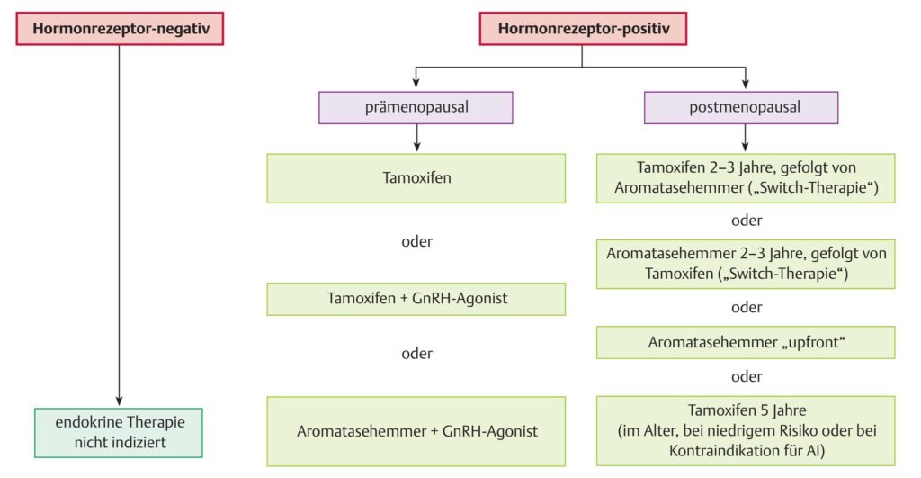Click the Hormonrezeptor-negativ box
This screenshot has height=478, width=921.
click(x=120, y=28)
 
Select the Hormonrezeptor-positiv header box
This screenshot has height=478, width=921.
click(x=583, y=28)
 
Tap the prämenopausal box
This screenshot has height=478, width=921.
click(x=416, y=108)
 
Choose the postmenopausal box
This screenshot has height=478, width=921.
click(x=741, y=108)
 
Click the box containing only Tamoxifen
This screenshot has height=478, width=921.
click(x=416, y=178)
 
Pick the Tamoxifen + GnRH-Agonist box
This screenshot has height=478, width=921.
click(x=416, y=299)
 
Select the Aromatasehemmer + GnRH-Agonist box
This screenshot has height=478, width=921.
click(x=416, y=431)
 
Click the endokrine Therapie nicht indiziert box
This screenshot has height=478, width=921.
click(x=119, y=433)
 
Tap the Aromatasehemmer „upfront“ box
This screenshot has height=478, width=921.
click(x=746, y=342)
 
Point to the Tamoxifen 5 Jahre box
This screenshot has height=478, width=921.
click(x=746, y=431)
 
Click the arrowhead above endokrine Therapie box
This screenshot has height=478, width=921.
click(x=120, y=401)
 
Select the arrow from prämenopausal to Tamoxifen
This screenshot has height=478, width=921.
click(x=417, y=138)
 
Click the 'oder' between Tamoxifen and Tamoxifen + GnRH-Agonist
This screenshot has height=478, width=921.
click(x=417, y=241)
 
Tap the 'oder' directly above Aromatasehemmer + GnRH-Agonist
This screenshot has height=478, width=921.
click(x=417, y=354)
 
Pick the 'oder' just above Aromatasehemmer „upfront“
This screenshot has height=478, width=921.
click(x=747, y=307)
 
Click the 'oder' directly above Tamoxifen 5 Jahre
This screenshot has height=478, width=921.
click(x=747, y=376)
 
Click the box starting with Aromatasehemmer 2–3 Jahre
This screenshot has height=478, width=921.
click(x=746, y=264)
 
